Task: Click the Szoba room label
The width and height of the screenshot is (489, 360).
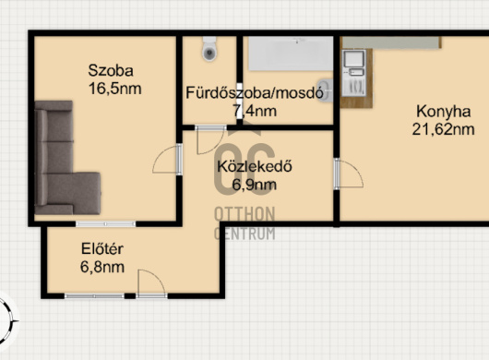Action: pyautogui.click(x=111, y=70)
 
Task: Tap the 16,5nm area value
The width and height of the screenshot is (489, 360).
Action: pyautogui.click(x=115, y=89)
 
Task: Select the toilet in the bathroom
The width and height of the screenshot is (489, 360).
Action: pyautogui.click(x=209, y=49)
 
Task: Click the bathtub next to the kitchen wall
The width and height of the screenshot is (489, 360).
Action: pyautogui.click(x=291, y=54)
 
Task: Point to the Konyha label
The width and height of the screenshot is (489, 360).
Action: pyautogui.click(x=443, y=112)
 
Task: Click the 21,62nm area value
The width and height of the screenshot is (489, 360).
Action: pyautogui.click(x=443, y=129)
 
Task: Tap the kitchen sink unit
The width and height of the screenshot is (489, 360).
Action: pyautogui.click(x=353, y=73)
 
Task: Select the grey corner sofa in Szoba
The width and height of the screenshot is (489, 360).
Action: pyautogui.click(x=67, y=158)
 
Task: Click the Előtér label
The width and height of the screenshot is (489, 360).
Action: pyautogui.click(x=102, y=249)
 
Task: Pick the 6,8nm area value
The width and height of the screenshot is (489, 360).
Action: pyautogui.click(x=102, y=267)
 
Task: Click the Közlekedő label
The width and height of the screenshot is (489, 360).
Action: pyautogui.click(x=255, y=166)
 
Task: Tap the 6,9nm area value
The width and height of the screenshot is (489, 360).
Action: pyautogui.click(x=255, y=185)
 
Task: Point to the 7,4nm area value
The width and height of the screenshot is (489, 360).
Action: pyautogui.click(x=255, y=111)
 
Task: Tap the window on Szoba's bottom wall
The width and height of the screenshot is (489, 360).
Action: pyautogui.click(x=106, y=223)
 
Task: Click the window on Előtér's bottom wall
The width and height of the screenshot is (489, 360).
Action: pyautogui.click(x=94, y=296)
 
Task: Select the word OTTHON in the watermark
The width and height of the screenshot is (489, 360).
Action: pyautogui.click(x=244, y=214)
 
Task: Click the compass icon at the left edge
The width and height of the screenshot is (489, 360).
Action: pyautogui.click(x=6, y=320)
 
